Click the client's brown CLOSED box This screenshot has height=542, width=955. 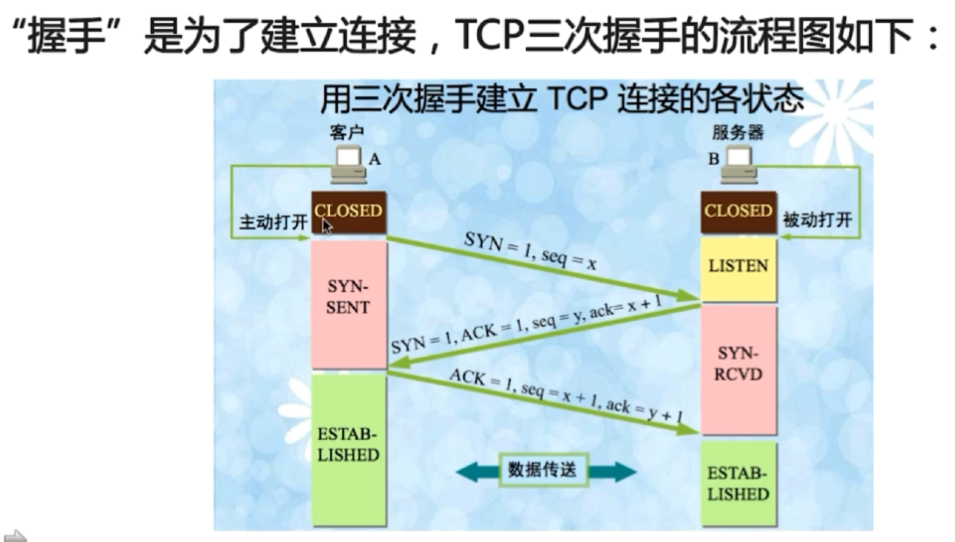[348, 212]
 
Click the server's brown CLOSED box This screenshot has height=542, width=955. [738, 212]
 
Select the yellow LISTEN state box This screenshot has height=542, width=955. [738, 269]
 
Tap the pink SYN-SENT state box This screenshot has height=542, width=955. [348, 304]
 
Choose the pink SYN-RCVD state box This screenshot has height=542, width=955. [738, 370]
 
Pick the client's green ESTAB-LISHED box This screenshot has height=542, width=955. [348, 449]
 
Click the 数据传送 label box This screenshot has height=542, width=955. [543, 470]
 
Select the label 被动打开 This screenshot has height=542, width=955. [818, 220]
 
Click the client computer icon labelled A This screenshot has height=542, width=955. [348, 165]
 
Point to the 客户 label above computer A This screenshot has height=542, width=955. [346, 133]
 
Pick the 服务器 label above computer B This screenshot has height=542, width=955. [738, 132]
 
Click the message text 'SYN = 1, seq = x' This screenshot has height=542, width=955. [531, 252]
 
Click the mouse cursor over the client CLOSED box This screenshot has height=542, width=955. [327, 227]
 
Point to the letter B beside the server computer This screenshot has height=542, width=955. [714, 159]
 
